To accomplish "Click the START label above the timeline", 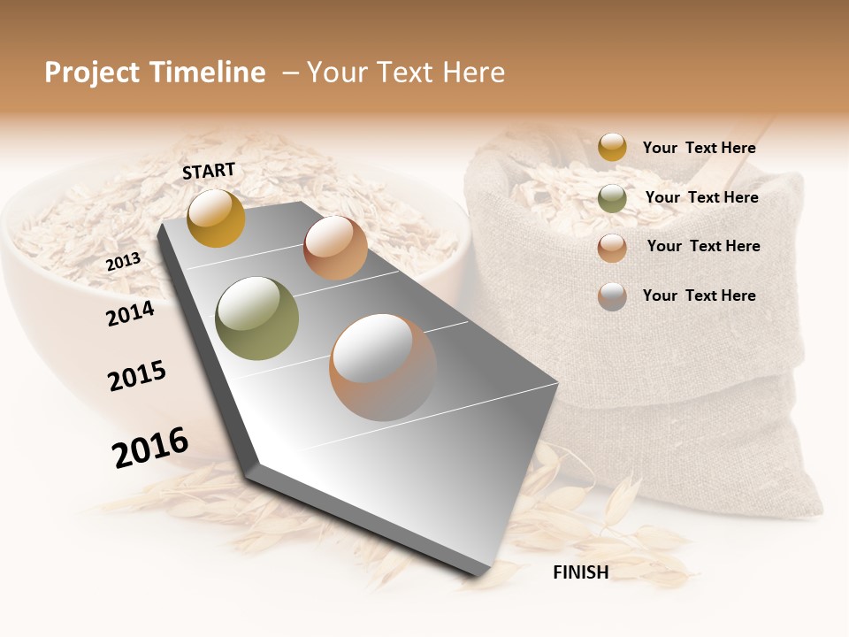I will tap(209, 171).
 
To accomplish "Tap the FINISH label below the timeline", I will tap(580, 572).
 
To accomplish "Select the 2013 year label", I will tap(123, 261).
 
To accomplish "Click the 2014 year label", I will tap(130, 313).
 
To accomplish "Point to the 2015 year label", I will tap(137, 376).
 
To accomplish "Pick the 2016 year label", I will tap(150, 447).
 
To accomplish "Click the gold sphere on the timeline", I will tap(216, 218).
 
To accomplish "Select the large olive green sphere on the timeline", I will tap(257, 318).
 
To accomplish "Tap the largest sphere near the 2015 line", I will tap(383, 367).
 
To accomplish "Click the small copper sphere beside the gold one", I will tap(335, 248).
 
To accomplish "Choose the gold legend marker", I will tap(612, 148).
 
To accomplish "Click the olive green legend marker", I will tap(612, 198).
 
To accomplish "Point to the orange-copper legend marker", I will tap(612, 247).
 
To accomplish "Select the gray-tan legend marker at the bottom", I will tap(612, 296).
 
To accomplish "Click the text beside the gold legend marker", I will tap(699, 148).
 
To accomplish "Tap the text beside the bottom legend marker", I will tap(699, 295).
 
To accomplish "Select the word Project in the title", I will tap(92, 73).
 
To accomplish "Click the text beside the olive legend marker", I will tap(701, 197).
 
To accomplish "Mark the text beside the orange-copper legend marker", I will tap(703, 246).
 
